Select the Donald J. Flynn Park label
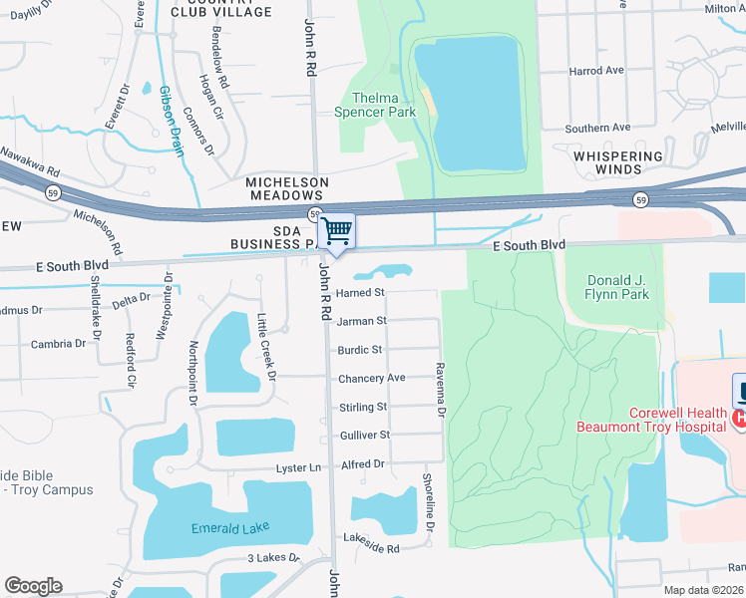tap(618, 287)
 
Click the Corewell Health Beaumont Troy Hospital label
tap(648, 420)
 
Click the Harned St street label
tap(360, 293)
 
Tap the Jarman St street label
tap(361, 321)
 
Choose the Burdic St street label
tap(360, 350)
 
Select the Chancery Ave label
tap(371, 379)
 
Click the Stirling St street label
tap(362, 407)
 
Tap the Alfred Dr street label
tap(364, 464)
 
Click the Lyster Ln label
tap(299, 467)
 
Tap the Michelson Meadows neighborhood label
tap(287, 189)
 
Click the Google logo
tap(33, 586)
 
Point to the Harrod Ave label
tap(595, 71)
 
